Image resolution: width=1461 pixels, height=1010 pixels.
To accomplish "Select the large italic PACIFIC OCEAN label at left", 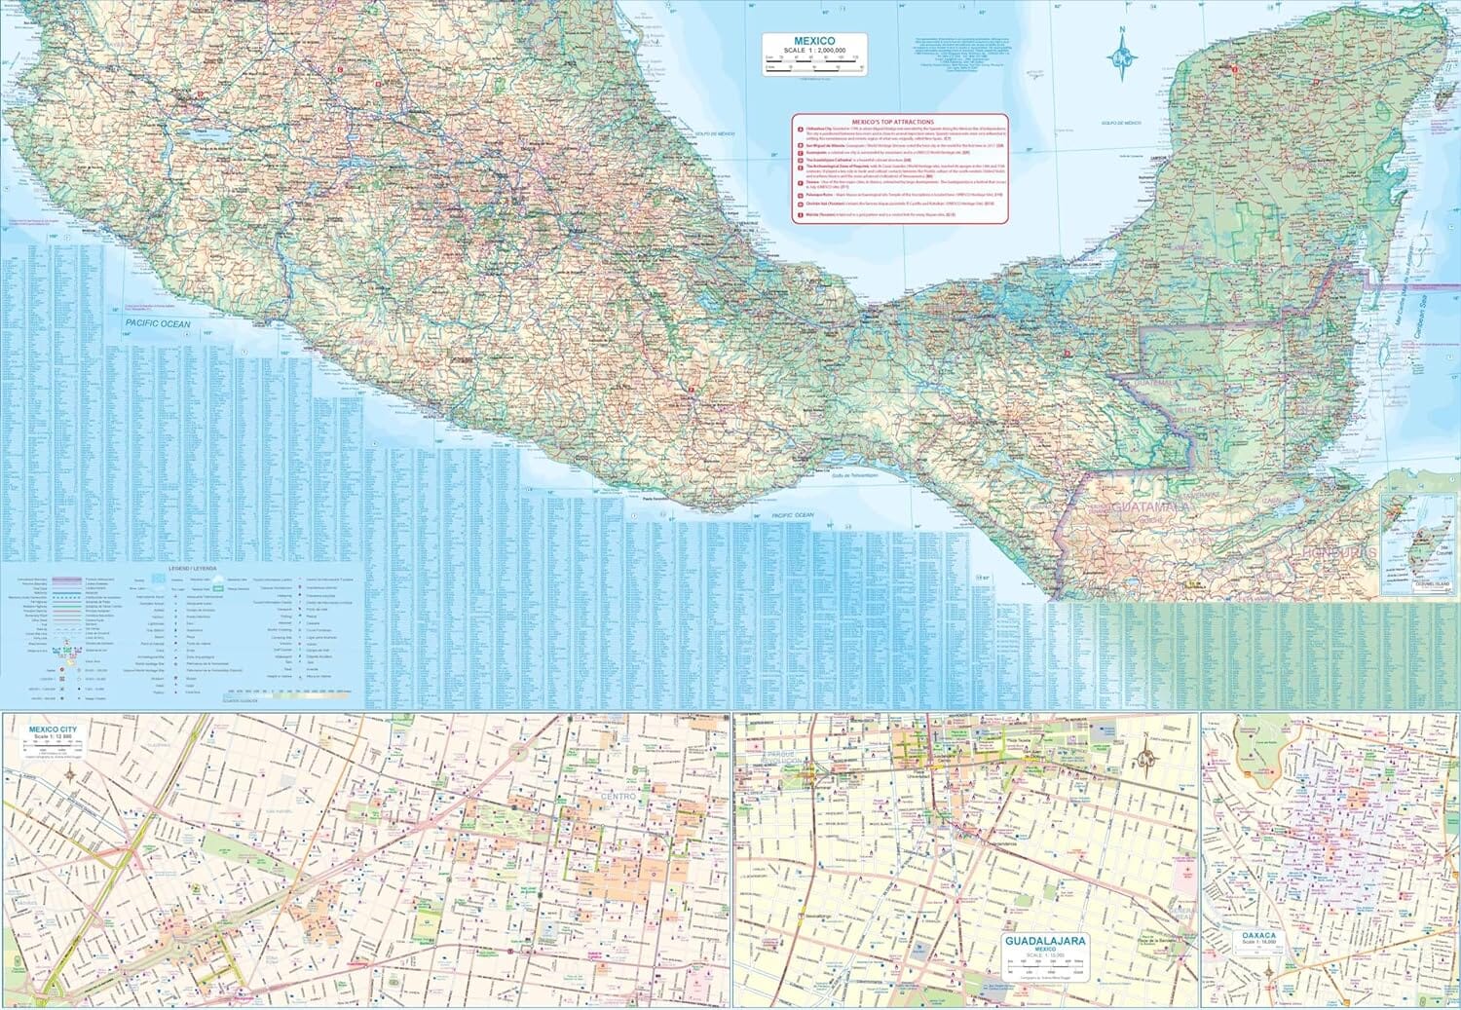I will (x=157, y=323).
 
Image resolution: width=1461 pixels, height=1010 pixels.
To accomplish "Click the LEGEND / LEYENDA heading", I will (x=192, y=566).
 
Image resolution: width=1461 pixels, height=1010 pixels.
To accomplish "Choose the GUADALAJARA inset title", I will (x=1045, y=941).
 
